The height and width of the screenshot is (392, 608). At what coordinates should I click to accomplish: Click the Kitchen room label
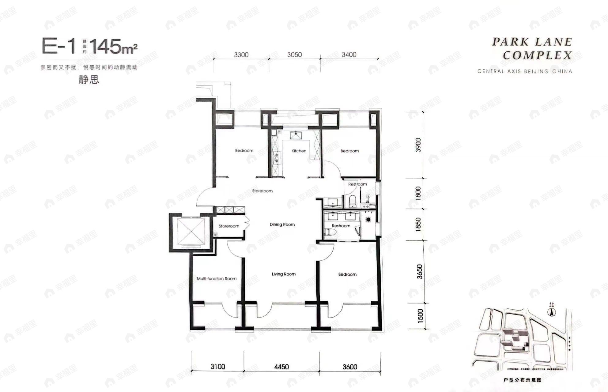point(299,151)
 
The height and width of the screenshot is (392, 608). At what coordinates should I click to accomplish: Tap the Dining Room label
point(282,224)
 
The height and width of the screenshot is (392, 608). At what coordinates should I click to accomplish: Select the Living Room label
point(284,274)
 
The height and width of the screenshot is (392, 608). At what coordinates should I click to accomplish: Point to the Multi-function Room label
point(217,279)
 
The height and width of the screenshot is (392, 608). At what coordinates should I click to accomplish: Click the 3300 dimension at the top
point(241,55)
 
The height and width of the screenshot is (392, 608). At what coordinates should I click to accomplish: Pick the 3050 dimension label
point(294,55)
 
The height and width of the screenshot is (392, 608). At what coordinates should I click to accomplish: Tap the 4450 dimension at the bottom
point(281,367)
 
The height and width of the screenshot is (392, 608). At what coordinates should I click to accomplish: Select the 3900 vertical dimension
point(418,145)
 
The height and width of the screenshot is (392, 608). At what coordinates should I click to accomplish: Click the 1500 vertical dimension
point(420,315)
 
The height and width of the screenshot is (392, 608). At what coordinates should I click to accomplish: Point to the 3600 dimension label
point(349,367)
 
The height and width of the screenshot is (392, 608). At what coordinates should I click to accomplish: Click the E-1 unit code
point(59,47)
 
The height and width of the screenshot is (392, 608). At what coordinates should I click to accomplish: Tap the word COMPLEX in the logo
point(537,55)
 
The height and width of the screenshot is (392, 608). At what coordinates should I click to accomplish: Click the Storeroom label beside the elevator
point(229,226)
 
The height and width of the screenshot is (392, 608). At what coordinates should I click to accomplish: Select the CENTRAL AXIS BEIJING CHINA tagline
point(524,71)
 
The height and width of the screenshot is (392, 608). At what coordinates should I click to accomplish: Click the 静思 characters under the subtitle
point(89,80)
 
